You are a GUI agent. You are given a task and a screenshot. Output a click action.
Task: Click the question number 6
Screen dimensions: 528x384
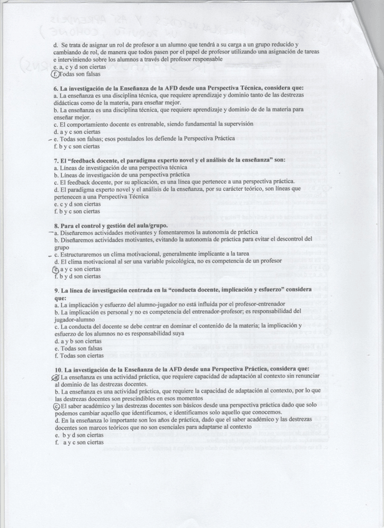click(56, 88)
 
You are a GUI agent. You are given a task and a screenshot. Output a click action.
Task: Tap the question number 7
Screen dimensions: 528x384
click(56, 161)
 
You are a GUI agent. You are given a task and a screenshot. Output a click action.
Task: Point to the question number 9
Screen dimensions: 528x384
click(56, 290)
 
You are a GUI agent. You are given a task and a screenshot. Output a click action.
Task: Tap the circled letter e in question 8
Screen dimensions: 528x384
click(56, 269)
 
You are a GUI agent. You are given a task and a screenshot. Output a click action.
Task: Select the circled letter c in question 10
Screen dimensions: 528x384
click(56, 405)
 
